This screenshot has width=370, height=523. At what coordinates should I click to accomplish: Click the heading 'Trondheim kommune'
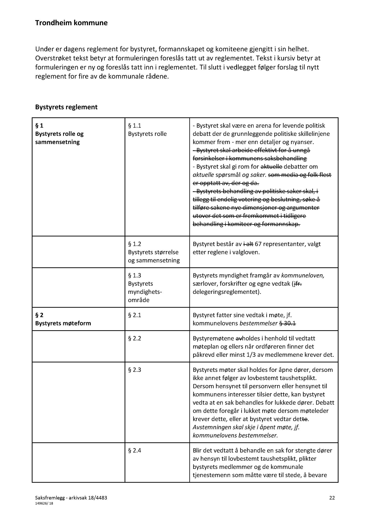tap(71, 23)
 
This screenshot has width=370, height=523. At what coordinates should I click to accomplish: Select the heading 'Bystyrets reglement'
tap(66, 107)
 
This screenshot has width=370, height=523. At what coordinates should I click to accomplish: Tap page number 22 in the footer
tap(332, 497)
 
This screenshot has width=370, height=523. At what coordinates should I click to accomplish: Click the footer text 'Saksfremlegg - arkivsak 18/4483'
tap(71, 497)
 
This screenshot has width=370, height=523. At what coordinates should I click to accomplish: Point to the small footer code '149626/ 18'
tap(44, 504)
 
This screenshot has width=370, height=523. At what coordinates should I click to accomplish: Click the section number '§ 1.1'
tap(134, 126)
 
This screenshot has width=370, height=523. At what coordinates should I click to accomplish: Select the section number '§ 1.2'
tap(134, 244)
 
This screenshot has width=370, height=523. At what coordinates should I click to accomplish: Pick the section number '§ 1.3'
tap(134, 275)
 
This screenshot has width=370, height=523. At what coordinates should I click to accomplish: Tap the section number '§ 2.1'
tap(134, 315)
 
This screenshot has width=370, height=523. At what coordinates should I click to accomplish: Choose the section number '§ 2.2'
tap(134, 338)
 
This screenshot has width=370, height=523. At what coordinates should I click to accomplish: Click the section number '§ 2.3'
tap(134, 370)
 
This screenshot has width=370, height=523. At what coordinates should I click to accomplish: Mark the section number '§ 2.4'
tap(134, 450)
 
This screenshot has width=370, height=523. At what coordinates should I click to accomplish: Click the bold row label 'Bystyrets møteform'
tap(63, 323)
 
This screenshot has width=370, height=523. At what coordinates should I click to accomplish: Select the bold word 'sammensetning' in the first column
tap(57, 142)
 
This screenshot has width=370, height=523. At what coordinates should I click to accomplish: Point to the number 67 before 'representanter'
tap(258, 244)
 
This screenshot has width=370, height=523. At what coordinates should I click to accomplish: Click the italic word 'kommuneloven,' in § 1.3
tap(303, 275)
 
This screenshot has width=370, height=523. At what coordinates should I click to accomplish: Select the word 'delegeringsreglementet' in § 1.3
tap(226, 292)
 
